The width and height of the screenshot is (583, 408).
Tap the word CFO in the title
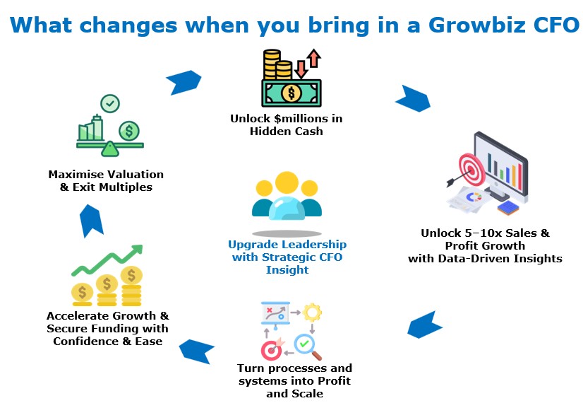pyautogui.click(x=557, y=25)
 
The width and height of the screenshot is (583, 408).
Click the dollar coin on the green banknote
pyautogui.click(x=291, y=93)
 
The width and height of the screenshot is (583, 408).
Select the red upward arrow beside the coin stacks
pyautogui.click(x=314, y=58)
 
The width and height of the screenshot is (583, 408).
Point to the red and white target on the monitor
pyautogui.click(x=471, y=170)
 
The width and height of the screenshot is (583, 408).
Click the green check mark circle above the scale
pyautogui.click(x=110, y=103)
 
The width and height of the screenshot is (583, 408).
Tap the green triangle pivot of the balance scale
pyautogui.click(x=109, y=148)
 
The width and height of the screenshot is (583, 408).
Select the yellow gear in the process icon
pyautogui.click(x=312, y=313)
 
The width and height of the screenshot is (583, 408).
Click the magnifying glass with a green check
pyautogui.click(x=308, y=347)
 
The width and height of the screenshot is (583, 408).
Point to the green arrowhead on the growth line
pyautogui.click(x=137, y=250)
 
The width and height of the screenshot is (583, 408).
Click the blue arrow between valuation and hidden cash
pyautogui.click(x=184, y=82)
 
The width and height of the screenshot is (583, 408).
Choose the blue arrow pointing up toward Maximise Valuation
pyautogui.click(x=91, y=221)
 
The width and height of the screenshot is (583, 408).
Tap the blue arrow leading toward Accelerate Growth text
pyautogui.click(x=197, y=351)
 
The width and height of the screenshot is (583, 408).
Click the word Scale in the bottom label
pyautogui.click(x=307, y=393)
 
